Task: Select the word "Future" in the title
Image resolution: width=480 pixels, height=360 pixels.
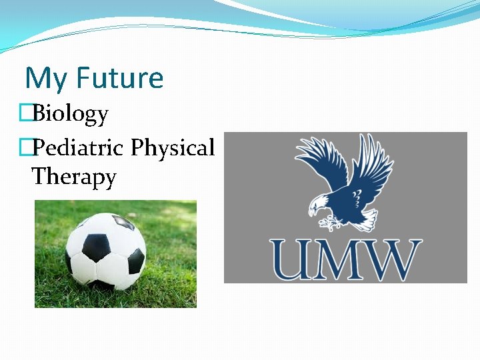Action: click(119, 78)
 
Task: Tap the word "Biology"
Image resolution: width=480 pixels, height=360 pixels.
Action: click(70, 114)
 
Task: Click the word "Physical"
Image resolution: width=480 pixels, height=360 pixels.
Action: click(173, 148)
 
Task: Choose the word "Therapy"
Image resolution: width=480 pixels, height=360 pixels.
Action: click(73, 177)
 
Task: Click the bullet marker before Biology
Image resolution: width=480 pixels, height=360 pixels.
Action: click(27, 114)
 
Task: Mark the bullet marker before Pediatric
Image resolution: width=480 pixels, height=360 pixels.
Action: click(27, 147)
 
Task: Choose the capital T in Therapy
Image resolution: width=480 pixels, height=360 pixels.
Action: click(39, 177)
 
